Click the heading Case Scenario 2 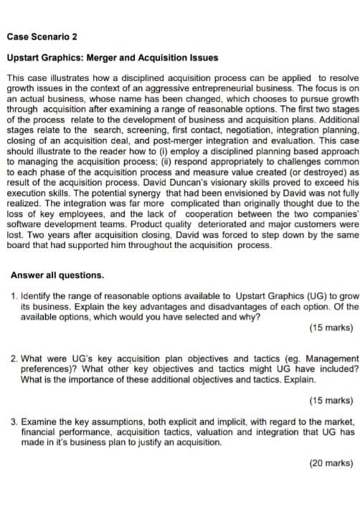click(42, 36)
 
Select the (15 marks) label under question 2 click(331, 401)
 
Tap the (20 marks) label click(331, 464)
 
